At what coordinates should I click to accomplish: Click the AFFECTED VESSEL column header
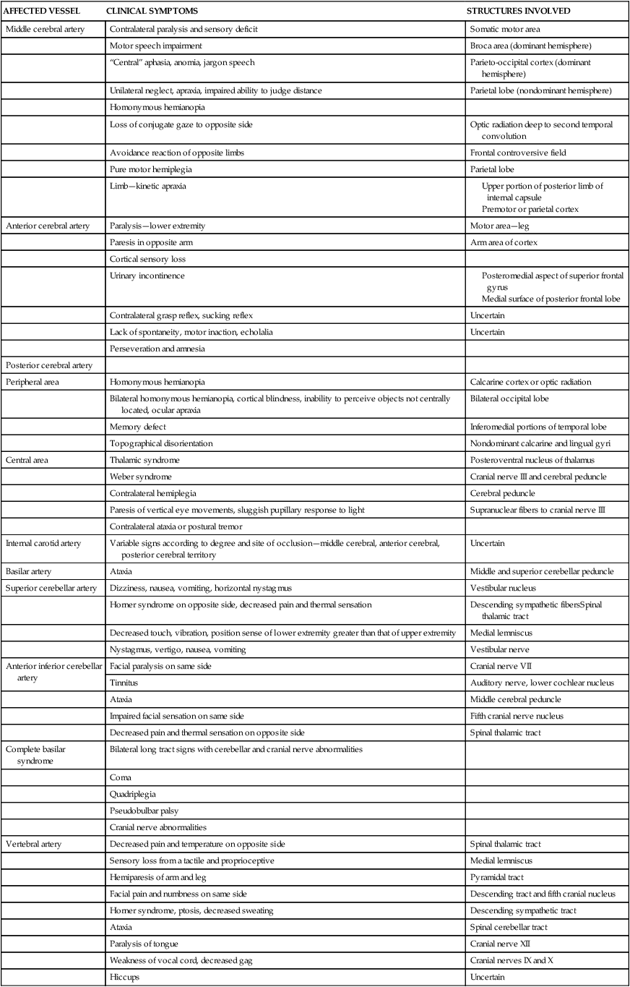tap(42, 12)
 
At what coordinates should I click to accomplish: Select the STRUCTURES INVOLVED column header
tap(519, 12)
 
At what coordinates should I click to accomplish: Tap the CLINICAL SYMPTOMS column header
tap(152, 12)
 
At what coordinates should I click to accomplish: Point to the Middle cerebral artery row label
tap(44, 29)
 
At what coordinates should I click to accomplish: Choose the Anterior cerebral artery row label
tap(47, 226)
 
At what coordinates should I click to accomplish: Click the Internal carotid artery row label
tap(43, 543)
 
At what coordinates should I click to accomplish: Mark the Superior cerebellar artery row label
tap(51, 588)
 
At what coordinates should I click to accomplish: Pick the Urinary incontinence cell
tap(144, 275)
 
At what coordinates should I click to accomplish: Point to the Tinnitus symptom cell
tap(124, 682)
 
